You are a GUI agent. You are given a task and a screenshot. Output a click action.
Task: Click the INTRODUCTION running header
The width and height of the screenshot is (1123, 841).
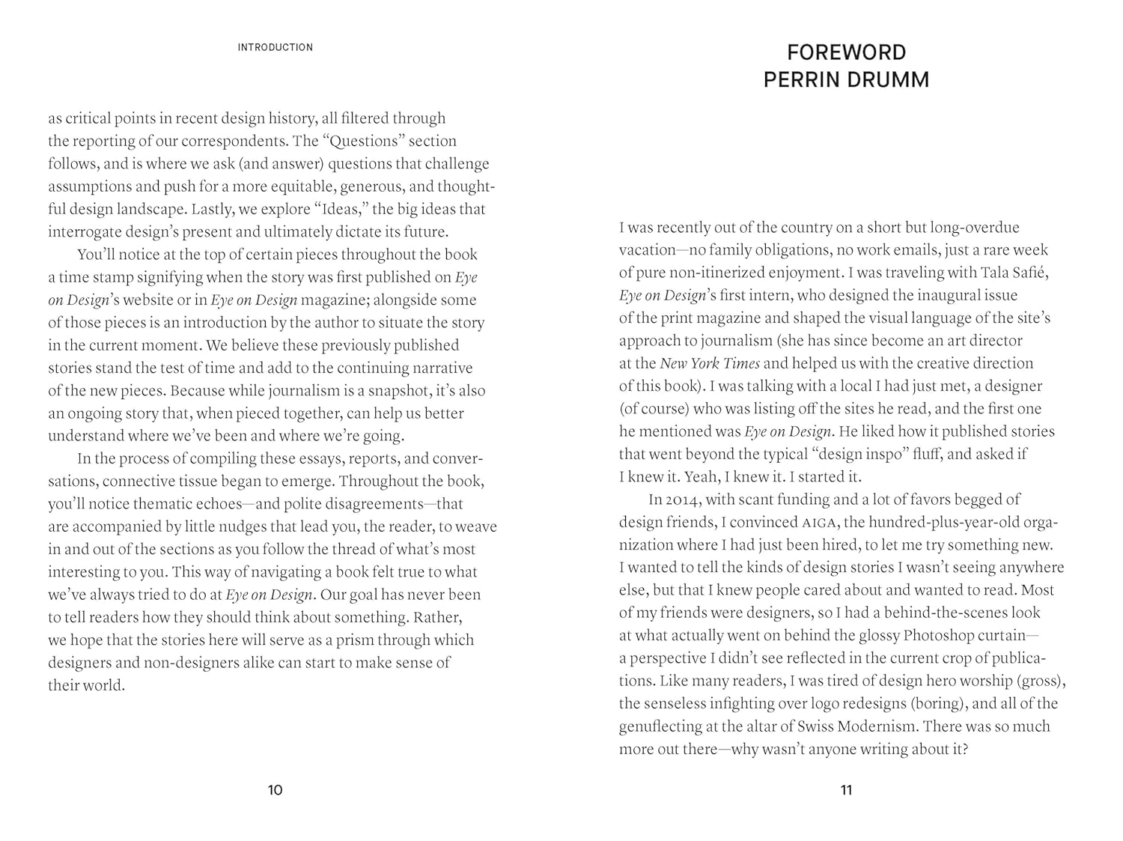(x=275, y=47)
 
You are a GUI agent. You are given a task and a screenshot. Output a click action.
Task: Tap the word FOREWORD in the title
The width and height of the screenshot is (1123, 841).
(x=846, y=52)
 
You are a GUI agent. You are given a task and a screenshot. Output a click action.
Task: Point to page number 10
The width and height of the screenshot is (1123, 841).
(x=275, y=789)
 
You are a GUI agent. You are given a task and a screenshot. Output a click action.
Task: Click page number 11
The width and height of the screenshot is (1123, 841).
(x=846, y=789)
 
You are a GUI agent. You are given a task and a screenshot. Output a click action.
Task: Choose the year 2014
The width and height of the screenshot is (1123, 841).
(x=681, y=500)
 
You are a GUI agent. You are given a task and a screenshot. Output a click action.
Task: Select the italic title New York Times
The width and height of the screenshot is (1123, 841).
(x=709, y=363)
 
